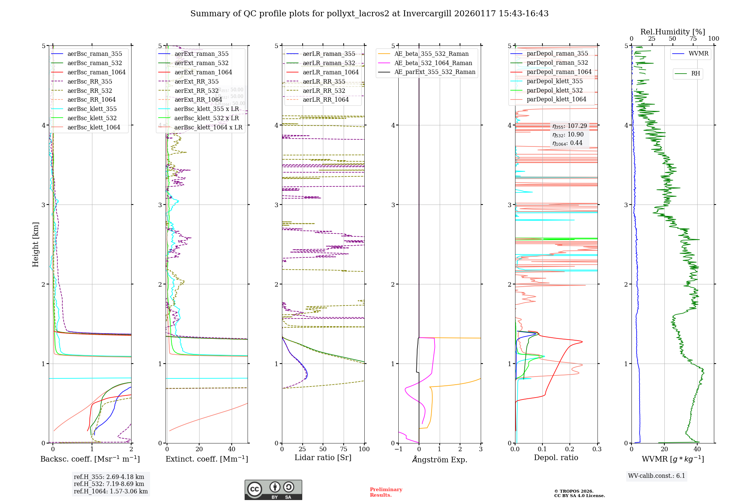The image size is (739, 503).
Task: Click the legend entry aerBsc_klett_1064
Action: coord(93,127)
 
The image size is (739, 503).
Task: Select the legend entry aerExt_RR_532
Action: coord(196,91)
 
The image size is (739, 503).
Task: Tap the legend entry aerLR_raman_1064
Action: coord(330,72)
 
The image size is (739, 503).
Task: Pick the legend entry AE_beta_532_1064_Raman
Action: coord(433,63)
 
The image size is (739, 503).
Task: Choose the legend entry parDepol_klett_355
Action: coord(554,81)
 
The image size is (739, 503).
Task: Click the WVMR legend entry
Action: coord(698,54)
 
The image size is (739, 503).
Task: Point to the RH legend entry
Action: coord(695,74)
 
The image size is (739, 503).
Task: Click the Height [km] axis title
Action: coord(35,244)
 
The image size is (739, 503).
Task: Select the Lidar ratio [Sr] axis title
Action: coord(323,458)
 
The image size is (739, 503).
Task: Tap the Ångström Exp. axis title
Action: coord(439,459)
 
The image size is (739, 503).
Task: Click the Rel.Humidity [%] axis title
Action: coord(672,32)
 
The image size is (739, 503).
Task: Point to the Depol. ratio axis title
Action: coord(556,458)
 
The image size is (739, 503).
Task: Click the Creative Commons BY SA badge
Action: coord(273,490)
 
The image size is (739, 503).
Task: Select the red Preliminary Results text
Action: coord(386,492)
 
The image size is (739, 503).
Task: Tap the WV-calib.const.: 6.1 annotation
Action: coord(657,476)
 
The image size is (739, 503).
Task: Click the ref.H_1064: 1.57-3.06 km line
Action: coord(110,491)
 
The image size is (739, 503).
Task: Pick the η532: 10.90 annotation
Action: coord(568,135)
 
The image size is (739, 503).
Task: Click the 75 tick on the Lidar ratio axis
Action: coord(344,449)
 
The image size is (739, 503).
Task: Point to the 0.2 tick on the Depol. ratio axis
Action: coord(570,449)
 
